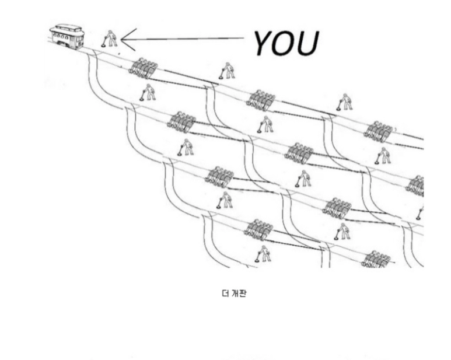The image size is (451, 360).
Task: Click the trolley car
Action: click(x=68, y=36)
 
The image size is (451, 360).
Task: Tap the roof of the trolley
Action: click(x=67, y=27)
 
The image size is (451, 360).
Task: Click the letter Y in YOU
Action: click(x=266, y=42)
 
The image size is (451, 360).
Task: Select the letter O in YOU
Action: click(x=288, y=43)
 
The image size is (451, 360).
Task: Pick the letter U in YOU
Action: click(x=309, y=43)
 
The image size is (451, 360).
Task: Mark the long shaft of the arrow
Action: click(x=187, y=39)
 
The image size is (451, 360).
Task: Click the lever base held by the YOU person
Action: click(x=103, y=46)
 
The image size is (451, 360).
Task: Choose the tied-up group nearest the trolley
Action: click(x=142, y=68)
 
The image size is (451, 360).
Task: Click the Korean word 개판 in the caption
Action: click(x=239, y=293)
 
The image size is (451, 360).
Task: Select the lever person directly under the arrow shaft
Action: click(x=226, y=71)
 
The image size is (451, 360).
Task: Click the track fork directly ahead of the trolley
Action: click(x=93, y=55)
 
